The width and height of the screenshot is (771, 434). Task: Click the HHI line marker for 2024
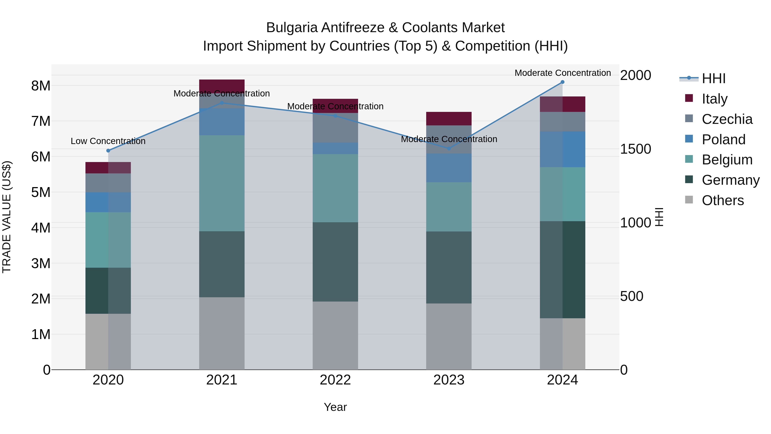(x=562, y=82)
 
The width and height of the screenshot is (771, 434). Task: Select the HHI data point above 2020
(x=108, y=151)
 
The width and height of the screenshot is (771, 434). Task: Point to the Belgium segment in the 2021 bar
(x=222, y=183)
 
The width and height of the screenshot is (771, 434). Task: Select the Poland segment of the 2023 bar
(x=449, y=168)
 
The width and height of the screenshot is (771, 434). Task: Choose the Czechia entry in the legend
(x=727, y=119)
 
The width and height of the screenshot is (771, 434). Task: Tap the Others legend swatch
(x=689, y=200)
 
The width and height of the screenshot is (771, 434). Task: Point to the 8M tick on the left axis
(x=41, y=86)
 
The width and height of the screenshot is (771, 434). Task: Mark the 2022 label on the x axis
(x=335, y=380)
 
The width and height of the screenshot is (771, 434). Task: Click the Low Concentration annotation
(x=108, y=141)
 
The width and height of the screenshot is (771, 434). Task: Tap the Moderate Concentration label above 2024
(x=562, y=73)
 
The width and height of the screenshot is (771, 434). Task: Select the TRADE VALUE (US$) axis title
(x=7, y=217)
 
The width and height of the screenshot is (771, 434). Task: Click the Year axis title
(x=335, y=407)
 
